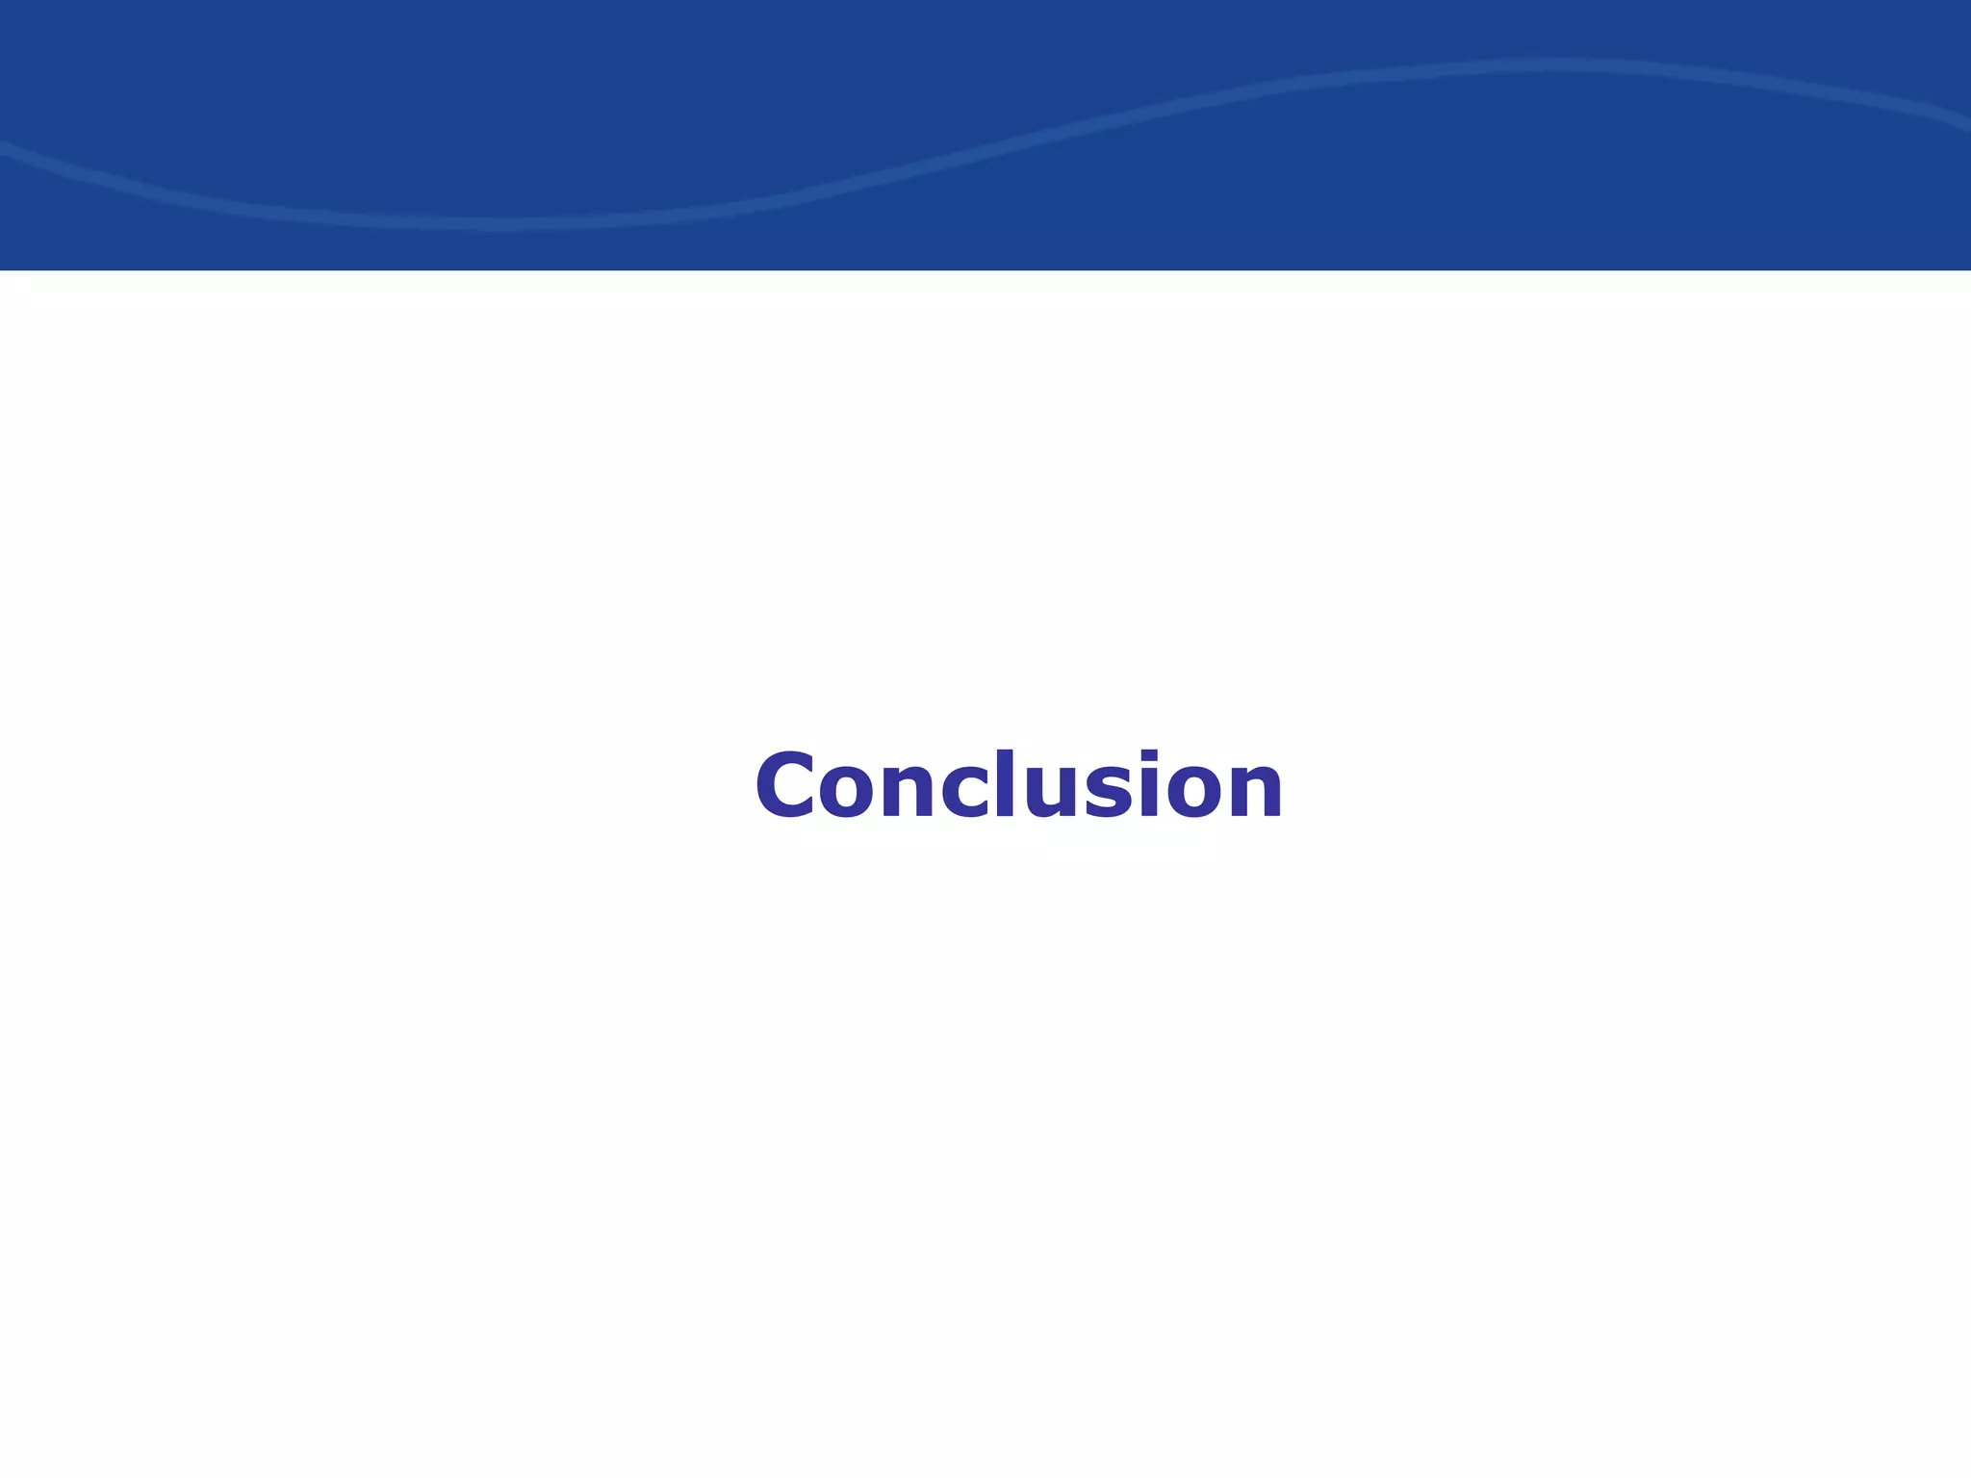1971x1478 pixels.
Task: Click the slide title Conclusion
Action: (1018, 785)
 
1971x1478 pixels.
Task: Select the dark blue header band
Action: (985, 38)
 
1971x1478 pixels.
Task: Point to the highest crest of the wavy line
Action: (1559, 64)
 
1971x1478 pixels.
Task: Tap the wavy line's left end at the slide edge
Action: (3, 144)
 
